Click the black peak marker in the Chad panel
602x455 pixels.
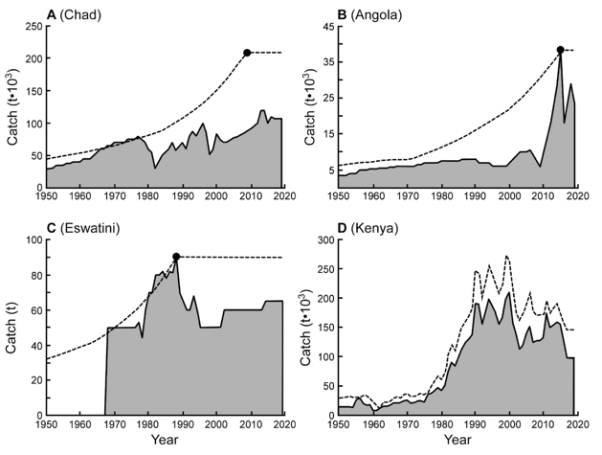[x=247, y=52]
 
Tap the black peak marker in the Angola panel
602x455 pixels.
[x=560, y=50]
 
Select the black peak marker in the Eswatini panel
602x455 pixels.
[x=176, y=257]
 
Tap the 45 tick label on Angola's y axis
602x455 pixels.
[x=325, y=26]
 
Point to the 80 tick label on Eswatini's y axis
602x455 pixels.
[x=33, y=275]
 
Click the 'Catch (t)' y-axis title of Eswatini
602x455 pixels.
[x=12, y=326]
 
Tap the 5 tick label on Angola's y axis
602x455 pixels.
[x=328, y=171]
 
